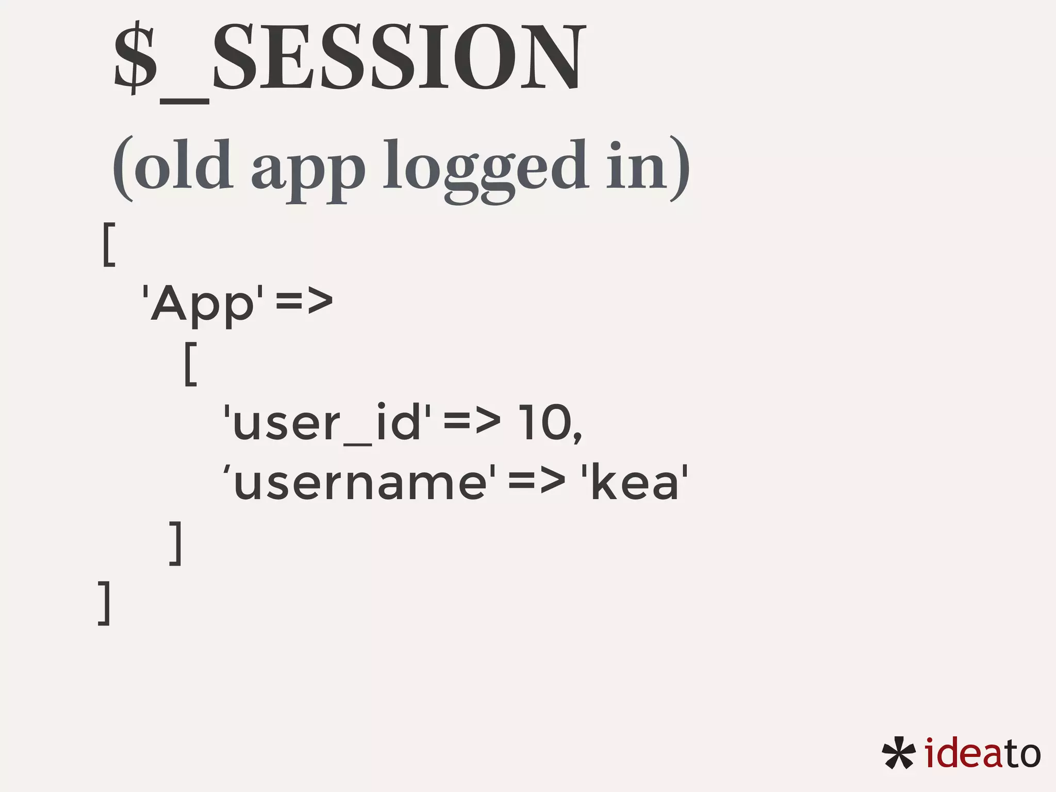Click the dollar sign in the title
135,58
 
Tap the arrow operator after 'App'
304,302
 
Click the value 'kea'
635,483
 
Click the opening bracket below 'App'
190,363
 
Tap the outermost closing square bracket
104,603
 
